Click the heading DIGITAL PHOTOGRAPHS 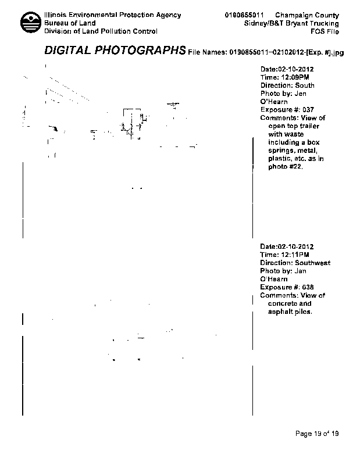pyautogui.click(x=115, y=51)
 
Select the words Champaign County pyautogui.click(x=307, y=15)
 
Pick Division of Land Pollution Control pyautogui.click(x=101, y=31)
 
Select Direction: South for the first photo pyautogui.click(x=287, y=85)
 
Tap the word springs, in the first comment pyautogui.click(x=281, y=151)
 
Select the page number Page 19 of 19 pyautogui.click(x=317, y=434)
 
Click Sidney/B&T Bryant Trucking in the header pyautogui.click(x=292, y=23)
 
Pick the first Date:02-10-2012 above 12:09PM pyautogui.click(x=287, y=69)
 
